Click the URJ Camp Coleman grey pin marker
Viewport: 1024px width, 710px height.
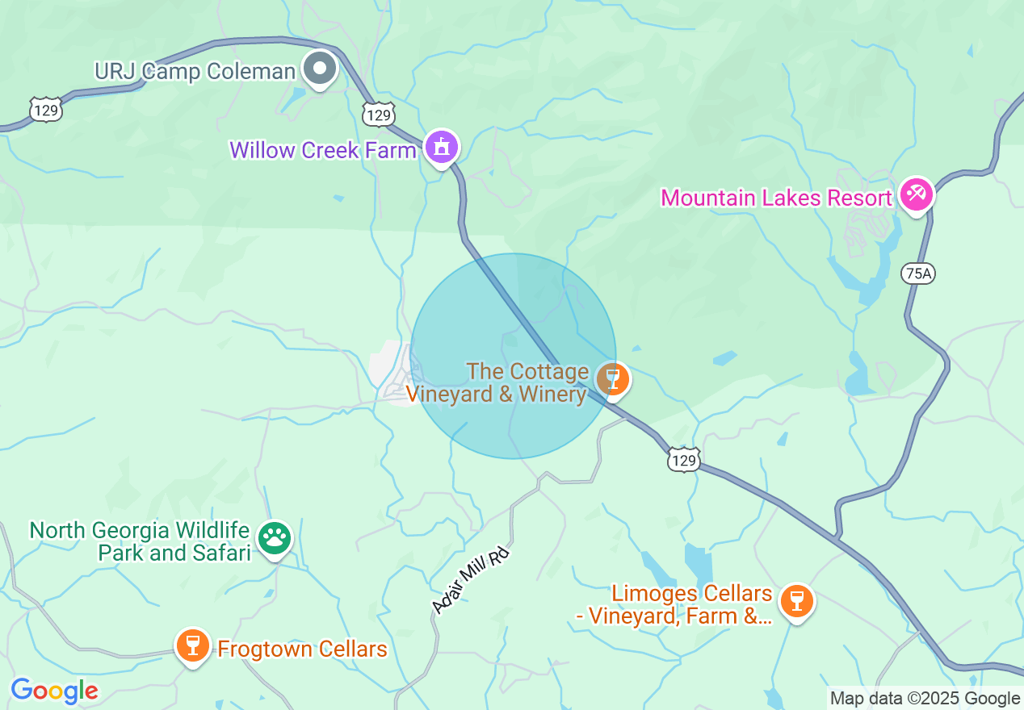pyautogui.click(x=321, y=69)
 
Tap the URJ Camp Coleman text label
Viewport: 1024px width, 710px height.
pyautogui.click(x=195, y=71)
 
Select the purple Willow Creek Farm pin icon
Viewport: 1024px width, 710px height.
pyautogui.click(x=442, y=148)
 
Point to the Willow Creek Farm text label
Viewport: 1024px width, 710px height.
pyautogui.click(x=322, y=150)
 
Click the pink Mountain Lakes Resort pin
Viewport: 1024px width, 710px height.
pyautogui.click(x=917, y=194)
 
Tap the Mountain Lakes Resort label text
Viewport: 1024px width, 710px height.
pyautogui.click(x=776, y=198)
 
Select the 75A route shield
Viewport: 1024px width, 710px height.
pyautogui.click(x=918, y=274)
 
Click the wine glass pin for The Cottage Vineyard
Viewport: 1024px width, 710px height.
pyautogui.click(x=613, y=378)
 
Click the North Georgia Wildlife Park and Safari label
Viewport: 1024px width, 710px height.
pyautogui.click(x=140, y=541)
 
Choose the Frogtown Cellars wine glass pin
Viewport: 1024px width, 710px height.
pyautogui.click(x=193, y=646)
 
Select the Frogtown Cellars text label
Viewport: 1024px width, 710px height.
pyautogui.click(x=302, y=649)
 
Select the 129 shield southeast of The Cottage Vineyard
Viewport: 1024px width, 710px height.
pyautogui.click(x=683, y=460)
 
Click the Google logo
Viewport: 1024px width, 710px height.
pyautogui.click(x=54, y=691)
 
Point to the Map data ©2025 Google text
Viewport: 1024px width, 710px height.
pyautogui.click(x=925, y=699)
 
